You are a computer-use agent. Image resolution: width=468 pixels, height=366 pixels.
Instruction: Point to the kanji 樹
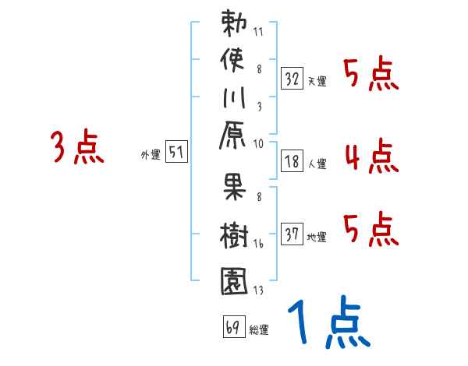tap(234, 234)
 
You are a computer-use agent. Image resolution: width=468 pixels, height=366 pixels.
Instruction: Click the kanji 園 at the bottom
tap(234, 278)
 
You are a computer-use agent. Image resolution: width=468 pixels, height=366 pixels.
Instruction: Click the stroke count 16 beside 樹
tap(257, 245)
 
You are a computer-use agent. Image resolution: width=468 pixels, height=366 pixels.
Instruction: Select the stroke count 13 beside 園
tap(257, 290)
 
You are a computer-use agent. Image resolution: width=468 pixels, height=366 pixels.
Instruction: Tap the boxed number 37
tap(292, 234)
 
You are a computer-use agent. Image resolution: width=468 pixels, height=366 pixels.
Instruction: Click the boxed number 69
tap(232, 327)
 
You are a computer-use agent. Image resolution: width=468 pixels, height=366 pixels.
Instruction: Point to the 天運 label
tap(317, 80)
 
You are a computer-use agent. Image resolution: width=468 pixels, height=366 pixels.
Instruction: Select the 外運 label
tap(150, 154)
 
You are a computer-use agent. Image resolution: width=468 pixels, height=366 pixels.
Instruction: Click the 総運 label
tap(259, 329)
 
